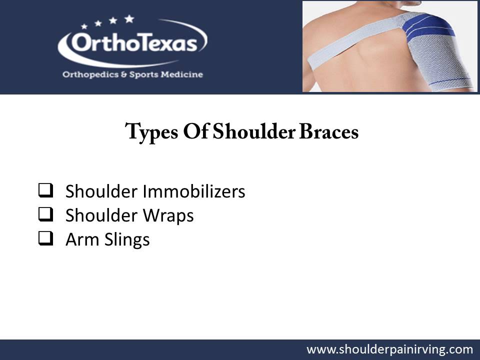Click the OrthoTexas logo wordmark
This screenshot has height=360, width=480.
pyautogui.click(x=133, y=44)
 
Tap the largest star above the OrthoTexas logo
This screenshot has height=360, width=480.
pyautogui.click(x=129, y=19)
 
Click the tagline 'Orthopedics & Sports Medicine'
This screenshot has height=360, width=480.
pyautogui.click(x=132, y=74)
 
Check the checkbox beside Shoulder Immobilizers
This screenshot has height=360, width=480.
pyautogui.click(x=45, y=190)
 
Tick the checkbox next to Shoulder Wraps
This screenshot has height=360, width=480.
pyautogui.click(x=45, y=214)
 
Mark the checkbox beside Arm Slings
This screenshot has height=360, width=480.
pyautogui.click(x=45, y=238)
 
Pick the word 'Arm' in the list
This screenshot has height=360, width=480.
pyautogui.click(x=78, y=239)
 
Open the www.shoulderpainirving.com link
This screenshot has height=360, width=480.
pyautogui.click(x=389, y=349)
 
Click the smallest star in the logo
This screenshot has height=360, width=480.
pyautogui.click(x=84, y=26)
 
